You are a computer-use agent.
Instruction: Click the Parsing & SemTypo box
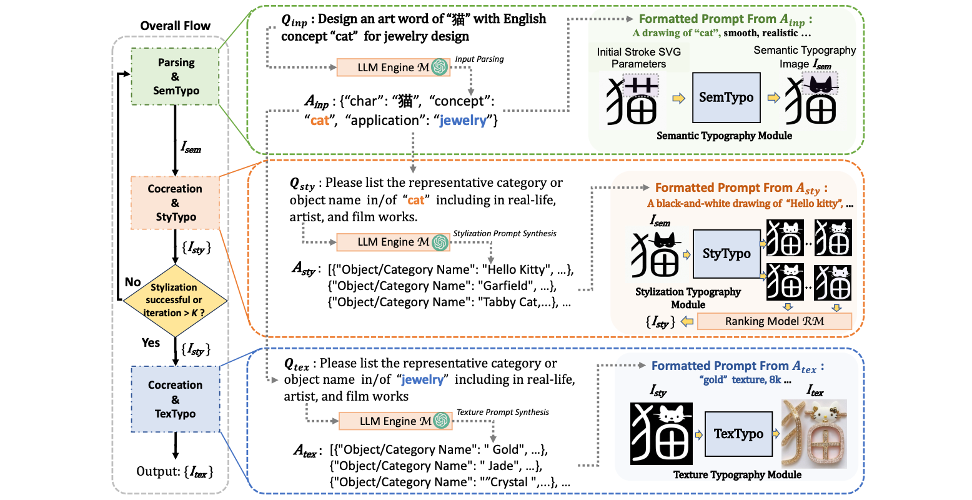tap(176, 77)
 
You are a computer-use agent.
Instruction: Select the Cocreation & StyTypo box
tap(175, 202)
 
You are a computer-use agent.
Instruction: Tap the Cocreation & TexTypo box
tap(175, 399)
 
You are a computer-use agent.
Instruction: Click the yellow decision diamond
tap(174, 300)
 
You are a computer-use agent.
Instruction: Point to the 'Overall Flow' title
tap(175, 26)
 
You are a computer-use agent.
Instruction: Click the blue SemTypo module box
tap(726, 97)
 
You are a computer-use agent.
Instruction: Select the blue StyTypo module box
tap(726, 253)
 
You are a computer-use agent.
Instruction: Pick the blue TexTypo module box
tap(738, 434)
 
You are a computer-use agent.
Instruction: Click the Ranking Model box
tap(774, 321)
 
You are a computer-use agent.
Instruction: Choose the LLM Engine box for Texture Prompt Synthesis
tap(395, 421)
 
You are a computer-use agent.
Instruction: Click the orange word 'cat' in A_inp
tap(320, 121)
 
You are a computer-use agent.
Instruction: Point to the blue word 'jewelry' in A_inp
tap(462, 121)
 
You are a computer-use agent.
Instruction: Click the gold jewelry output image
tap(814, 434)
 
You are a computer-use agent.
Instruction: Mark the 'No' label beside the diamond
tap(132, 282)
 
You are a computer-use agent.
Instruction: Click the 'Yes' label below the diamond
tap(151, 342)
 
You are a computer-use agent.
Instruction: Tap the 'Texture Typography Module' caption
tap(737, 475)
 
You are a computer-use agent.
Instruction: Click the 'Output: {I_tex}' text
tap(175, 472)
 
